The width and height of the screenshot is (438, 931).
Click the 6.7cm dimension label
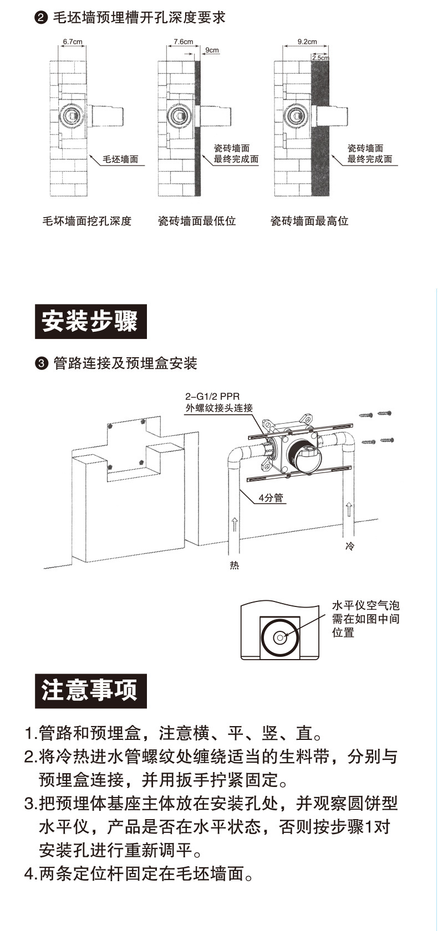tap(73, 42)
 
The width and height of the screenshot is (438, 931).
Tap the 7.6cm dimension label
tap(183, 42)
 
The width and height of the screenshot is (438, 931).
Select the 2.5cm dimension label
tap(320, 58)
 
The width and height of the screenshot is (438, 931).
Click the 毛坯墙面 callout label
tap(120, 160)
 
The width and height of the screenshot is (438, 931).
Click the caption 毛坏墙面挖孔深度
tap(87, 221)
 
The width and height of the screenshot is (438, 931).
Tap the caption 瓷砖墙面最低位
tap(197, 221)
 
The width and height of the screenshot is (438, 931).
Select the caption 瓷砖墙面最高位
tap(309, 221)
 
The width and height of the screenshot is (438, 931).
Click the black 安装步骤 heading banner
tap(91, 322)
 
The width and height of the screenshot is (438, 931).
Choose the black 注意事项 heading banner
tap(91, 691)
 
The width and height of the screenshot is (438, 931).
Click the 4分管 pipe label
tap(271, 498)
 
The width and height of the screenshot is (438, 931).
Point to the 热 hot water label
tap(235, 565)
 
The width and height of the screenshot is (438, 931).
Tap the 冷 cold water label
tap(349, 546)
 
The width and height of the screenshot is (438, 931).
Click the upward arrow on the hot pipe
tap(235, 523)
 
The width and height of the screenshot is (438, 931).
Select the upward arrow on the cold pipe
tap(349, 508)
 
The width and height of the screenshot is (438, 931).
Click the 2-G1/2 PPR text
tap(209, 397)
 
